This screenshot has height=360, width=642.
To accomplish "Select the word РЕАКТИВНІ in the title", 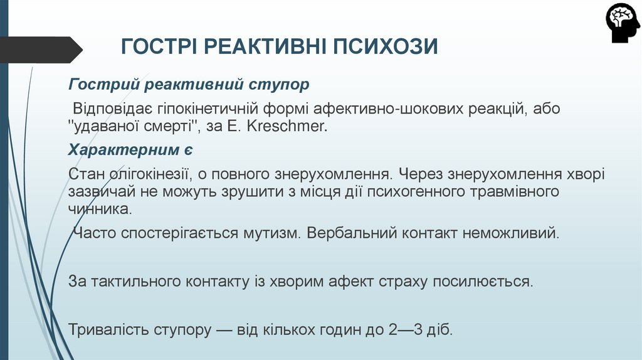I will (266, 47).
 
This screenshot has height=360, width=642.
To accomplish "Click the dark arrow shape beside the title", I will (41, 49).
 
